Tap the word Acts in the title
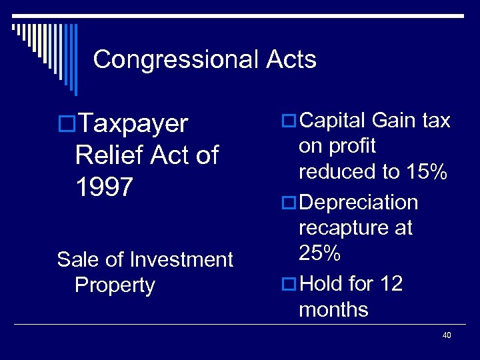tap(291, 60)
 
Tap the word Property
tap(115, 285)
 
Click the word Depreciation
tap(359, 202)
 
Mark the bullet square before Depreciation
tap(289, 203)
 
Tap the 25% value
tap(320, 253)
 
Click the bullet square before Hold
tap(289, 285)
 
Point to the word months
tap(333, 309)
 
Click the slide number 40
tap(447, 335)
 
